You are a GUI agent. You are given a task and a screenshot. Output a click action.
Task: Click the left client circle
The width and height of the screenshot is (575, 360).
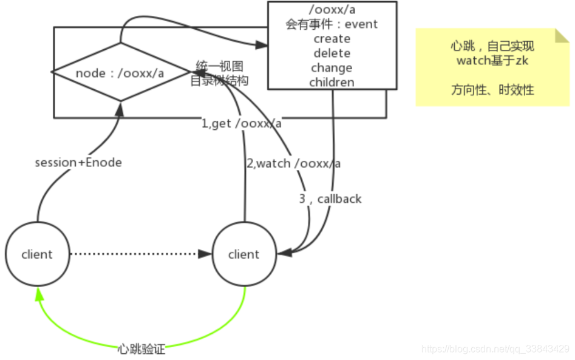click(37, 254)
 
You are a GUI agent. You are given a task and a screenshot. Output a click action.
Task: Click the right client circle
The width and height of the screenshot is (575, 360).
click(243, 254)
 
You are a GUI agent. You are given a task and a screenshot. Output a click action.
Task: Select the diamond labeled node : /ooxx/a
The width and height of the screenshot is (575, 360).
click(120, 73)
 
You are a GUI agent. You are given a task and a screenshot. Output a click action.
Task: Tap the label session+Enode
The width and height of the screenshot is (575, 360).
click(78, 163)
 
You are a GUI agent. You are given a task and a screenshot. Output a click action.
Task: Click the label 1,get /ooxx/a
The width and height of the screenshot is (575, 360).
click(242, 124)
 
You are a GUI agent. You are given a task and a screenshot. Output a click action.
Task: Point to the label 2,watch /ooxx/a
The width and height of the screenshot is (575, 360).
click(293, 163)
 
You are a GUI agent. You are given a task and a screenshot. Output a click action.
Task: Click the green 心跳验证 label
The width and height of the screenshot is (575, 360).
click(141, 349)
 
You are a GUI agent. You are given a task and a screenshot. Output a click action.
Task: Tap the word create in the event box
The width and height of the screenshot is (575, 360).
click(332, 39)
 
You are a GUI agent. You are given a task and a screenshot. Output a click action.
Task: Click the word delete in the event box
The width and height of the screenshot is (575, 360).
click(332, 53)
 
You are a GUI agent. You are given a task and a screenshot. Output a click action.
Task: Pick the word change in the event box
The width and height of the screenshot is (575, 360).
click(332, 68)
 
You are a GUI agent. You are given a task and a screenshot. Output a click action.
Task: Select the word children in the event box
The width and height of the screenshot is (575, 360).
click(332, 82)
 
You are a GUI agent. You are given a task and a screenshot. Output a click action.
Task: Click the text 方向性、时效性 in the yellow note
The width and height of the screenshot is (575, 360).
click(492, 90)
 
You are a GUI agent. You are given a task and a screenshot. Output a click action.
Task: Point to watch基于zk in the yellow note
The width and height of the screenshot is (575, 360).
click(492, 61)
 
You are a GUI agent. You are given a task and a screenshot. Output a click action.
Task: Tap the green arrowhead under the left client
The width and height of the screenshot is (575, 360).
click(39, 294)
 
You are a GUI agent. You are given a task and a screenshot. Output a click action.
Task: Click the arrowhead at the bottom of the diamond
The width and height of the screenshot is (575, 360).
click(120, 108)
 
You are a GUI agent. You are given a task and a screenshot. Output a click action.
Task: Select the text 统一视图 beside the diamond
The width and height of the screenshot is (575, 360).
click(219, 66)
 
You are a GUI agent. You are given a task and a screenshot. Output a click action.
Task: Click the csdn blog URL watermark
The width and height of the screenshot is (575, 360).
click(495, 349)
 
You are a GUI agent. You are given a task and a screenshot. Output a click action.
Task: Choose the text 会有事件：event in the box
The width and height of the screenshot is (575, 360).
click(332, 24)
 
